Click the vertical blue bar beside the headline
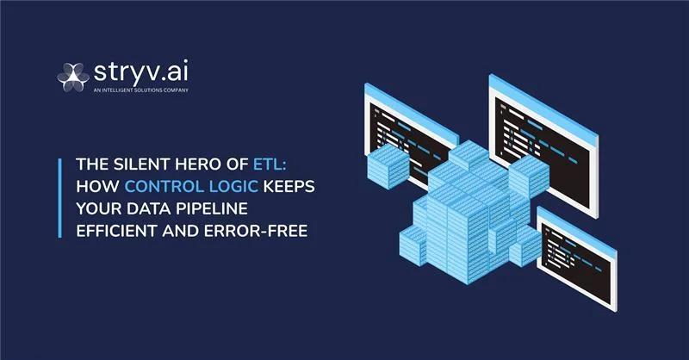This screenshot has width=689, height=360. [59, 197]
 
